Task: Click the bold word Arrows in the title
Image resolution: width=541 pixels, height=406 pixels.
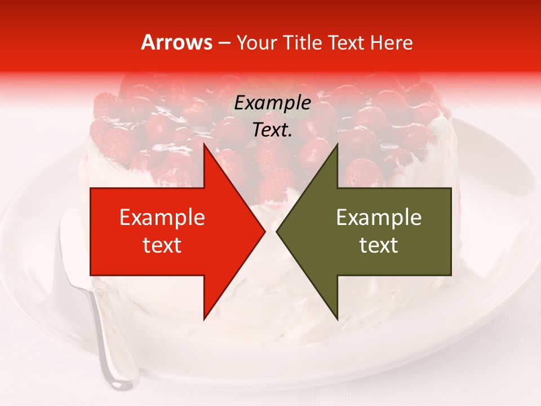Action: pyautogui.click(x=176, y=42)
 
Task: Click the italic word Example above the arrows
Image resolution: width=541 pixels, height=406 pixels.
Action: pyautogui.click(x=272, y=103)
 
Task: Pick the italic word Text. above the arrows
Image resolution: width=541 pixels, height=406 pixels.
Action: pyautogui.click(x=272, y=130)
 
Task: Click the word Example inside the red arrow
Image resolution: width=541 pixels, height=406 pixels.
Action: pyautogui.click(x=162, y=218)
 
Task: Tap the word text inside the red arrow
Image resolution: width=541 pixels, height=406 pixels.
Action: pyautogui.click(x=162, y=245)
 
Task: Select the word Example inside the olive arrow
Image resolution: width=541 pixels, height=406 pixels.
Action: pyautogui.click(x=379, y=218)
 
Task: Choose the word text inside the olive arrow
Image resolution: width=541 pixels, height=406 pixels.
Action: pyautogui.click(x=379, y=245)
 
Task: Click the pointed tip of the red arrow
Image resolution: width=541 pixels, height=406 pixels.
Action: pyautogui.click(x=264, y=231)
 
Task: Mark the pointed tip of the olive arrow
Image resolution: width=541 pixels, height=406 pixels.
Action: pyautogui.click(x=277, y=231)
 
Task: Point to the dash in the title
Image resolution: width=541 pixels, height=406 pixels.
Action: pyautogui.click(x=224, y=43)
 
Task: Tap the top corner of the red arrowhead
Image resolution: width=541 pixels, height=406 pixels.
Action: pyautogui.click(x=204, y=144)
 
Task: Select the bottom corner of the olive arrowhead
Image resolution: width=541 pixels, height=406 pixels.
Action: pyautogui.click(x=337, y=319)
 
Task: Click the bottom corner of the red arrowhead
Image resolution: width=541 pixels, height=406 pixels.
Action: pyautogui.click(x=204, y=319)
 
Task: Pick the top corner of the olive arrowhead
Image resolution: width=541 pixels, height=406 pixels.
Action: pyautogui.click(x=337, y=144)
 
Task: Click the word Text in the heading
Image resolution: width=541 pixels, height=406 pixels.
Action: pyautogui.click(x=346, y=43)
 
